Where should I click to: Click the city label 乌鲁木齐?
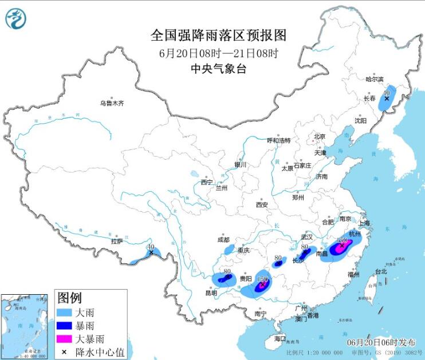click(112, 104)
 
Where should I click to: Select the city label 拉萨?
click(116, 242)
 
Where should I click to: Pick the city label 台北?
click(380, 271)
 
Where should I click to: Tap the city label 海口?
click(279, 339)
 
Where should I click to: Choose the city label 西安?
click(262, 204)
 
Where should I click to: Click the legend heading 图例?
click(70, 298)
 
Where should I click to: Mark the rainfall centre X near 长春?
click(387, 98)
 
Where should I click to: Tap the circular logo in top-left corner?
click(15, 19)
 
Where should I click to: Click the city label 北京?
click(319, 136)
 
